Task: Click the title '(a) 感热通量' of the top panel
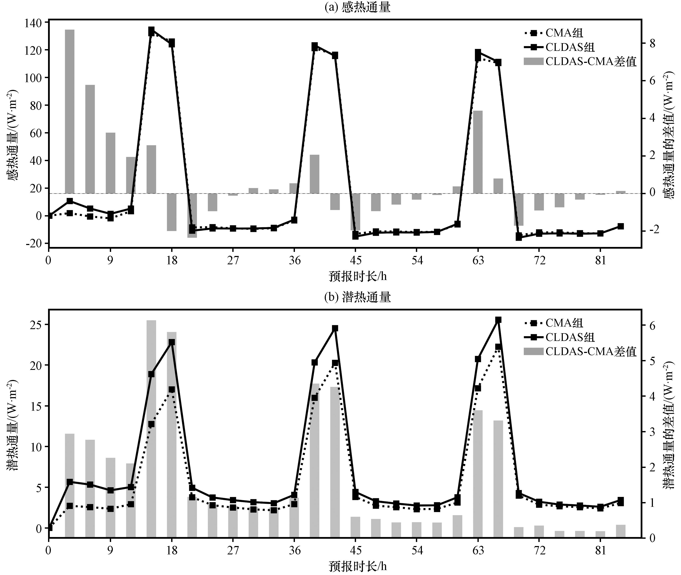357,7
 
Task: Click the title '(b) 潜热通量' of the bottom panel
357,297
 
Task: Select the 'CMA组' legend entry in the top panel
564,33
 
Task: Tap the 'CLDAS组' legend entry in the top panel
569,47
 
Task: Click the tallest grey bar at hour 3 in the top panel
69,111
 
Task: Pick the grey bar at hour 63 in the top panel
478,152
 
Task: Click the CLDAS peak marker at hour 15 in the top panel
151,30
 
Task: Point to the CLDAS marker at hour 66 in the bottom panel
498,320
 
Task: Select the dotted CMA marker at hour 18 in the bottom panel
172,390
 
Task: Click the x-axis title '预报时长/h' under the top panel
357,276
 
